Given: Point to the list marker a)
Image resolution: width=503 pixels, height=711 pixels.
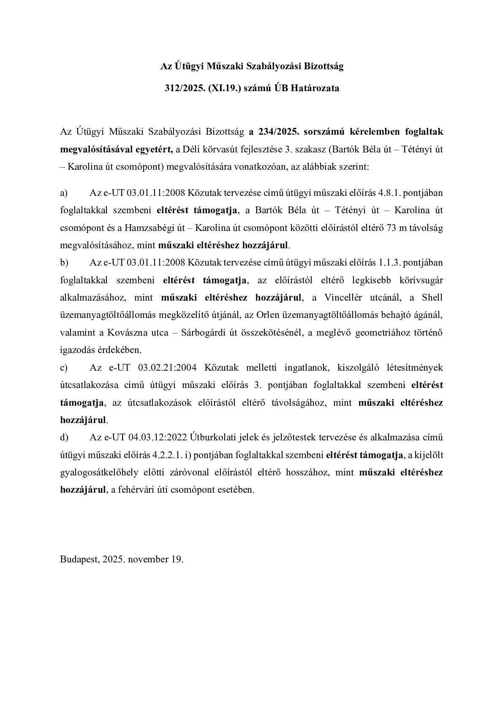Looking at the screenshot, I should click(64, 193).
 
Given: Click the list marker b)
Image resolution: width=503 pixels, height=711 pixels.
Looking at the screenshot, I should click(64, 263).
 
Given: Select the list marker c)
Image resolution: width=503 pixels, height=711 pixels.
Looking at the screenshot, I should click(64, 368).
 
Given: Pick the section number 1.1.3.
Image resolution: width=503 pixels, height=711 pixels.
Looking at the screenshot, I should click(389, 263).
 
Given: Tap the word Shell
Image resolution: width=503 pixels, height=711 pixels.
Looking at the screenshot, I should click(432, 298).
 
